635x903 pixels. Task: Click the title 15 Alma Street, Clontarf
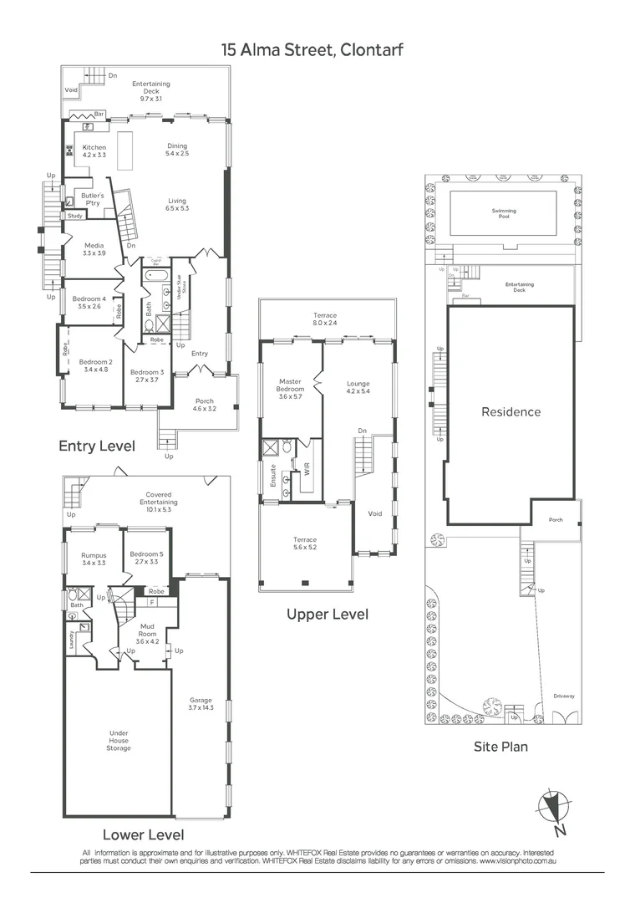[312, 49]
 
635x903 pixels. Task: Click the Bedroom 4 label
[89, 303]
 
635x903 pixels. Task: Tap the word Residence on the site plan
[511, 411]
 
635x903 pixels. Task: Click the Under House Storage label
[119, 740]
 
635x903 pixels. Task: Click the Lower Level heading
[143, 834]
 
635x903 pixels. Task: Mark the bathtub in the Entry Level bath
[156, 274]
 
